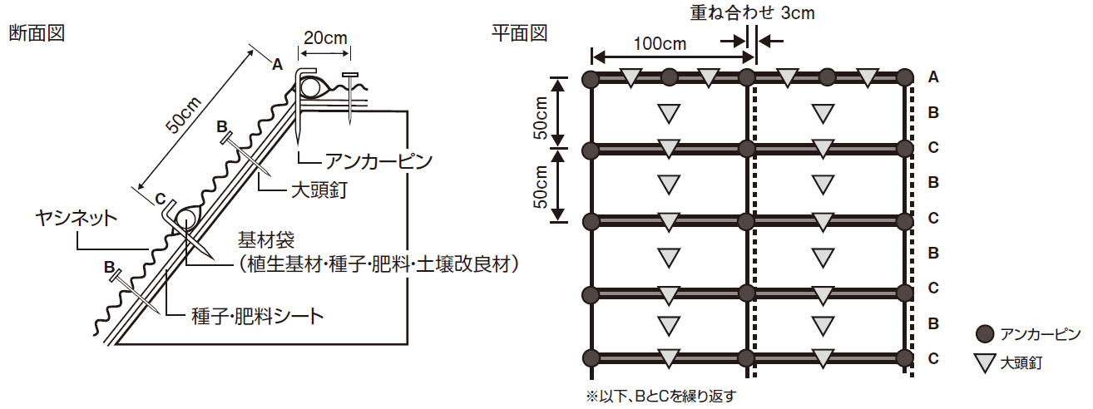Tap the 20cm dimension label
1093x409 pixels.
pyautogui.click(x=324, y=38)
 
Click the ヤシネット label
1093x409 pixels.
pyautogui.click(x=76, y=218)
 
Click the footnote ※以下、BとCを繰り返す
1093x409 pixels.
pyautogui.click(x=661, y=395)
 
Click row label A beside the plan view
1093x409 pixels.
pyautogui.click(x=933, y=77)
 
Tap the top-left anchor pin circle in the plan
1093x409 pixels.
pyautogui.click(x=591, y=79)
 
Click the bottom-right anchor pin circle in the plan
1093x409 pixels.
pyautogui.click(x=904, y=358)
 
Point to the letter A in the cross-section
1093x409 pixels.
pyautogui.click(x=277, y=64)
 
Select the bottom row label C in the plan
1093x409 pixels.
pyautogui.click(x=933, y=359)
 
